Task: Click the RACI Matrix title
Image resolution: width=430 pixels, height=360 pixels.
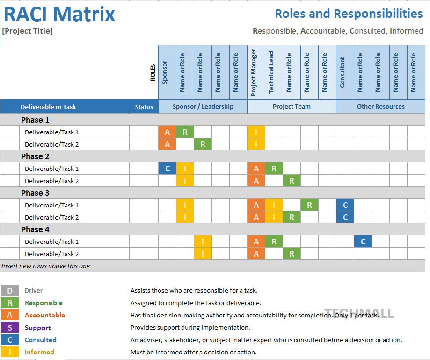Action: (59, 14)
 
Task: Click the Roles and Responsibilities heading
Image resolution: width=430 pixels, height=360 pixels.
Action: (349, 14)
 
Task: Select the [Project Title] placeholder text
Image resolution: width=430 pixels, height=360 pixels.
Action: (28, 31)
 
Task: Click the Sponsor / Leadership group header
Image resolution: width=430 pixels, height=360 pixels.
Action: (203, 107)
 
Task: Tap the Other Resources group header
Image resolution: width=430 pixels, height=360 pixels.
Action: (380, 107)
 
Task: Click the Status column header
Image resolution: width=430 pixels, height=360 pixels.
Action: (144, 107)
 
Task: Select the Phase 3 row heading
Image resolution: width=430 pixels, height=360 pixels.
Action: (35, 193)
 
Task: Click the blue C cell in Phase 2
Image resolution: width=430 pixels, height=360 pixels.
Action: (168, 169)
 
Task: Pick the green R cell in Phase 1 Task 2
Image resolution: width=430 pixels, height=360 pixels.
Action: (203, 144)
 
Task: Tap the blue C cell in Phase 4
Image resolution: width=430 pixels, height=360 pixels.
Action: (363, 242)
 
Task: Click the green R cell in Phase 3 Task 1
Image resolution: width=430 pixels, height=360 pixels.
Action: (309, 205)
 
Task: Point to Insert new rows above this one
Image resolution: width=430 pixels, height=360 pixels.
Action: (46, 266)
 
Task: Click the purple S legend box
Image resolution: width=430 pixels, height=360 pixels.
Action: (10, 328)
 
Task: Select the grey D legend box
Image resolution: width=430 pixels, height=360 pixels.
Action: (10, 291)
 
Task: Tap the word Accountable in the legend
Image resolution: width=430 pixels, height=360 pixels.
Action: (45, 315)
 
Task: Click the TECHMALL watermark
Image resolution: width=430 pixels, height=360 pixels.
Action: (359, 313)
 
